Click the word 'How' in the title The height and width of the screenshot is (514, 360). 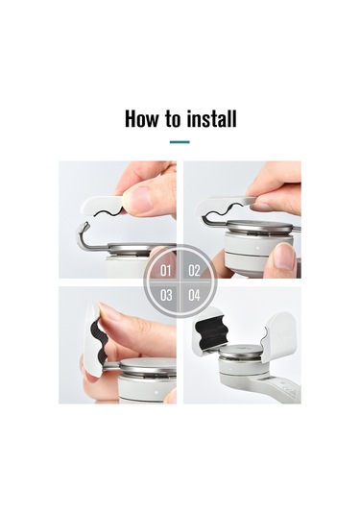click(x=142, y=119)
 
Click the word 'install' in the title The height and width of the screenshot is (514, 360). click(x=211, y=119)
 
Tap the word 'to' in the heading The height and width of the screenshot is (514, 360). click(x=173, y=120)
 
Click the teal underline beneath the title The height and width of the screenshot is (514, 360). click(x=180, y=142)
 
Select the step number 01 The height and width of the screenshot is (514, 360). click(x=165, y=270)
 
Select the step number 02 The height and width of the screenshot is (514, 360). click(x=194, y=270)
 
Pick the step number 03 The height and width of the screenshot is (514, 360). click(x=165, y=295)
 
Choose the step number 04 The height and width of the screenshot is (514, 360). click(x=194, y=295)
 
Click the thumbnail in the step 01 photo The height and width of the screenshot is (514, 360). click(x=141, y=199)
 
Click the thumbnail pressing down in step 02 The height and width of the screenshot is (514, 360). click(x=283, y=256)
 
